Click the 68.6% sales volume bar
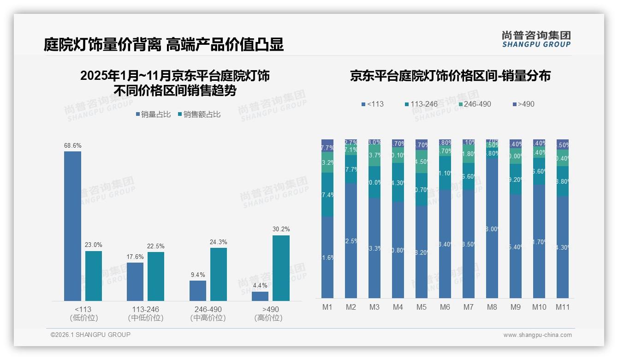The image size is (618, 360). tap(72, 226)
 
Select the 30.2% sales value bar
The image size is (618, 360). tap(281, 268)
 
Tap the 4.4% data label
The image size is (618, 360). tap(260, 286)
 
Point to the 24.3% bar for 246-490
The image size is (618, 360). tap(219, 274)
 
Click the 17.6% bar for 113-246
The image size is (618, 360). tap(135, 282)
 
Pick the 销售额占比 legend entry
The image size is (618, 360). tap(199, 114)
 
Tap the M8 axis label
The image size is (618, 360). tap(492, 307)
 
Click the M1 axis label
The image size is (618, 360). tap(327, 307)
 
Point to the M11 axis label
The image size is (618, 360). tap(562, 307)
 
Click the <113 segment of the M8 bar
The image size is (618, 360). tap(492, 228)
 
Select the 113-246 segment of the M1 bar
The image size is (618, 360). tap(327, 195)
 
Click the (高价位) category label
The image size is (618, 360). tap(268, 318)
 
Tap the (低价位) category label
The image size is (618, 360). tap(83, 318)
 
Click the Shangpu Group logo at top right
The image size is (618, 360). tap(536, 39)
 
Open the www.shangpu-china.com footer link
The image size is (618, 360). tap(537, 335)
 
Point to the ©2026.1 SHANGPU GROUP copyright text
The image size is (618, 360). tap(90, 335)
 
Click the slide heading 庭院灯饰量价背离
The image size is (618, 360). tap(102, 44)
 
